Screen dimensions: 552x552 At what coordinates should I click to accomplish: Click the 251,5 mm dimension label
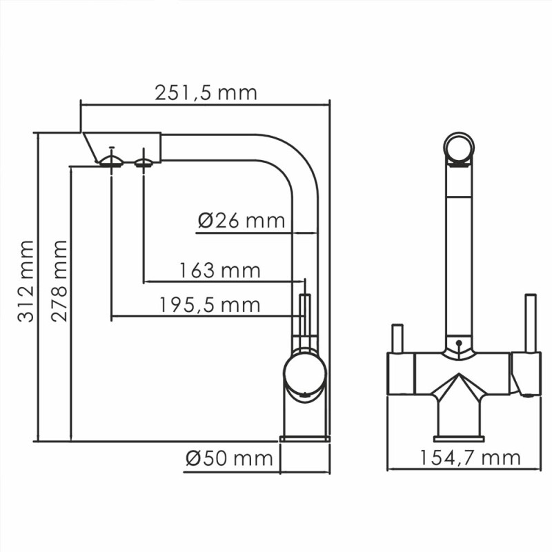pyautogui.click(x=206, y=93)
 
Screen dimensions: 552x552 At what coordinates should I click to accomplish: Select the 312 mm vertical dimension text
pyautogui.click(x=26, y=281)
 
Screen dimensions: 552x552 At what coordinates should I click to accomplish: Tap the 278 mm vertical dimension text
pyautogui.click(x=60, y=281)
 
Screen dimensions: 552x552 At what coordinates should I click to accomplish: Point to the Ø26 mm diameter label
pyautogui.click(x=241, y=221)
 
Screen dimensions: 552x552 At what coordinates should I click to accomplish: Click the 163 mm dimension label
pyautogui.click(x=220, y=270)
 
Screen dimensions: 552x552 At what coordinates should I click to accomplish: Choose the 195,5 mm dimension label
pyautogui.click(x=210, y=305)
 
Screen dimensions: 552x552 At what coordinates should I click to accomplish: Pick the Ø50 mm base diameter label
pyautogui.click(x=230, y=458)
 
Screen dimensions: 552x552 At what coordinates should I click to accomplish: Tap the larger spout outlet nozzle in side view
pyautogui.click(x=111, y=161)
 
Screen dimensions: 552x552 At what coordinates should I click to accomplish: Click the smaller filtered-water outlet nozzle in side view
pyautogui.click(x=144, y=163)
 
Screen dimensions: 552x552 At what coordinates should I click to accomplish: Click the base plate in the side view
pyautogui.click(x=305, y=438)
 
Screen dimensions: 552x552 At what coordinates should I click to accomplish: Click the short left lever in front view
pyautogui.click(x=397, y=339)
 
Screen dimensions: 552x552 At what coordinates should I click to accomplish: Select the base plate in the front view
pyautogui.click(x=458, y=438)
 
